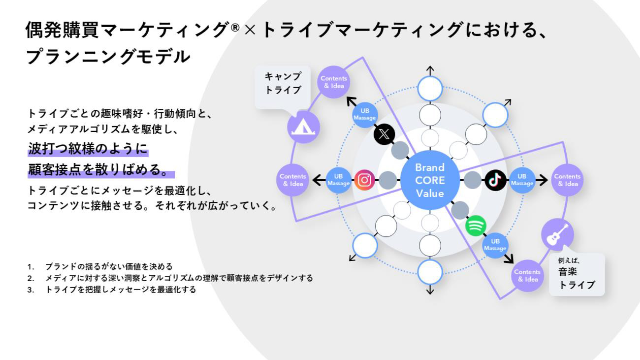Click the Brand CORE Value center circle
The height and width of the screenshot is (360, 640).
click(430, 180)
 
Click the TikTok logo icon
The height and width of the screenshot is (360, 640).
click(494, 180)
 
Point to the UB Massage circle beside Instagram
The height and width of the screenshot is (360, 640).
click(338, 180)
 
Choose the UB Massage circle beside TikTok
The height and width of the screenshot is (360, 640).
click(522, 180)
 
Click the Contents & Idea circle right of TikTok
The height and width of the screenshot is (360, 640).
click(567, 180)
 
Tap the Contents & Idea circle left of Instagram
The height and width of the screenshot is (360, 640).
click(292, 180)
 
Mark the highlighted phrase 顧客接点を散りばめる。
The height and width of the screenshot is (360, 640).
click(101, 171)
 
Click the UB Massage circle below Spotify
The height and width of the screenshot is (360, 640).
click(496, 245)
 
